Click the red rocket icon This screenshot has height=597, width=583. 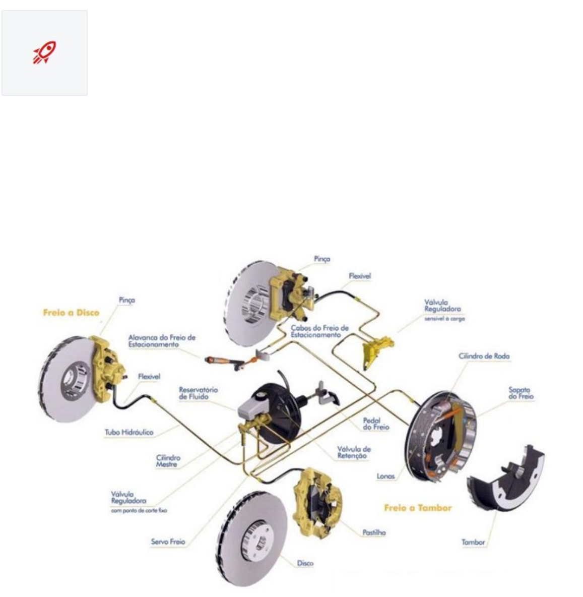(x=44, y=52)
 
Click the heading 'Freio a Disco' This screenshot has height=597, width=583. (x=71, y=313)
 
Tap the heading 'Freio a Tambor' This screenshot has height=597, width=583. (x=418, y=508)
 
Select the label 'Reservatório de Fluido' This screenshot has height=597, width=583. (x=198, y=393)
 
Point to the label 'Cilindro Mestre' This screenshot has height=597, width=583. (x=168, y=461)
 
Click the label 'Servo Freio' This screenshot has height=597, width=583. (x=168, y=542)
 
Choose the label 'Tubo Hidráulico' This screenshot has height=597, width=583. (x=129, y=432)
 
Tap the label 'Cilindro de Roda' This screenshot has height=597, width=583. (x=484, y=356)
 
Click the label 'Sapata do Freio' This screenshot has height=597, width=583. (x=521, y=393)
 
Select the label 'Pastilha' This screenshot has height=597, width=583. (x=374, y=532)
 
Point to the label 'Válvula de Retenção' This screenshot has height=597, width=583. (x=354, y=452)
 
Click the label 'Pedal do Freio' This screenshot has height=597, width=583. (x=376, y=424)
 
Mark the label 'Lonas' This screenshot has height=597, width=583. (x=385, y=476)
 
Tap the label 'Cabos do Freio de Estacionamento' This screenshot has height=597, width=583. (x=319, y=331)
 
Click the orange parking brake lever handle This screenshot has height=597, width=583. (x=220, y=360)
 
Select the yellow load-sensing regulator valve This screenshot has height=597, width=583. (x=376, y=349)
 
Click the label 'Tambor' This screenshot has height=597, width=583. (x=473, y=542)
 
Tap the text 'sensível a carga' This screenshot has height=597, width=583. (x=444, y=318)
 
